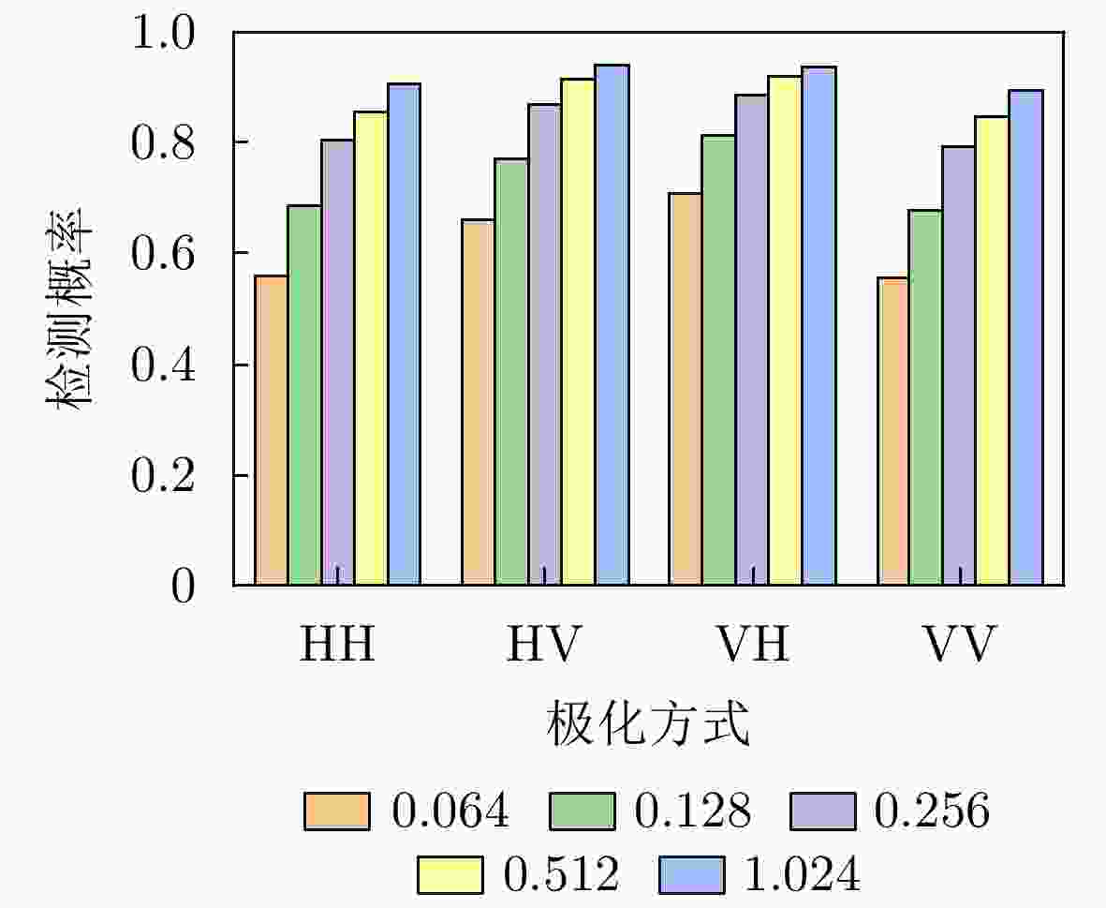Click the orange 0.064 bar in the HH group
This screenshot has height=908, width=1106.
point(271,430)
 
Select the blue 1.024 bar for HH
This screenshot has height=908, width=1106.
point(405,334)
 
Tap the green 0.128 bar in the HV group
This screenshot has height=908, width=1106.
point(511,372)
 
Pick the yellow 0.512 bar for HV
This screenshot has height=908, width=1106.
point(578,332)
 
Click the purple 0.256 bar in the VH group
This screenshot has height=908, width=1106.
point(751,339)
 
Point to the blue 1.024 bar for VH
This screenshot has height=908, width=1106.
point(818,326)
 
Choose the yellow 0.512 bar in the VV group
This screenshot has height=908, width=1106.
point(993,350)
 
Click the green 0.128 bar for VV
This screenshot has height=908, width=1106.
point(925,397)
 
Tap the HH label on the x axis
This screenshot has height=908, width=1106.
point(337,644)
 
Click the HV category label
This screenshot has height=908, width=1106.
point(544,644)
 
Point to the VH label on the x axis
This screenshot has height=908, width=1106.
point(752,644)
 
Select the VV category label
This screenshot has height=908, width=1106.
point(960,644)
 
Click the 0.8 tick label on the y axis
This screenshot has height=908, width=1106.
point(163,143)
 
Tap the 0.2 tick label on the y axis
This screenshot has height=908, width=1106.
point(163,475)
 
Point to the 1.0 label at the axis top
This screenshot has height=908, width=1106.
point(163,33)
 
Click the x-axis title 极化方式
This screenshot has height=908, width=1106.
point(647,723)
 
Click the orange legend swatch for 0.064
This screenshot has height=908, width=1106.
point(336,811)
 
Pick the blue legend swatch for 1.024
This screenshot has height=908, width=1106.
point(692,875)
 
